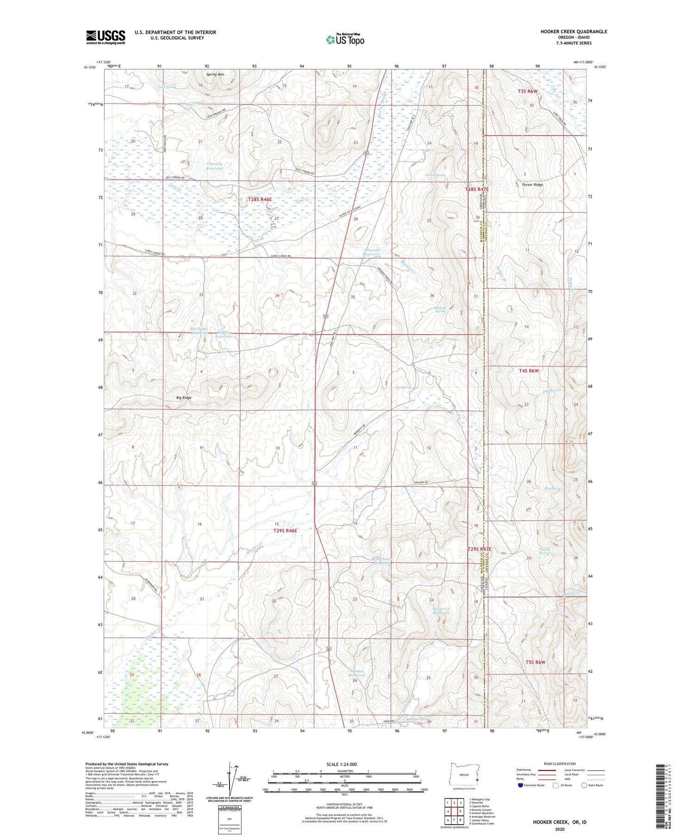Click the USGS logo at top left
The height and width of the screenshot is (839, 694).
pos(105,37)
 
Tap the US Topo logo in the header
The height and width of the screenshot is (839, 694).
pos(345,40)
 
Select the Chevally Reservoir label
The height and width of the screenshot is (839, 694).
pos(215,166)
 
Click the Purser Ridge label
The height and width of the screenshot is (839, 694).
pos(532,185)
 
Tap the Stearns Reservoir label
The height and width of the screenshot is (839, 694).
pos(371,252)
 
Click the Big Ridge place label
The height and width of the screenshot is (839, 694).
pos(184,398)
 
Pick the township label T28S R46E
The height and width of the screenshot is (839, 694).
pos(260,199)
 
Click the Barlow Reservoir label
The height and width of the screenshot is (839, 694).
pos(223,334)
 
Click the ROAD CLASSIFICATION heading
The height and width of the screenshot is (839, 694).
pos(560,764)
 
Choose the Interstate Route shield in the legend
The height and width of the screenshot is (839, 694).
pos(520,785)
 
